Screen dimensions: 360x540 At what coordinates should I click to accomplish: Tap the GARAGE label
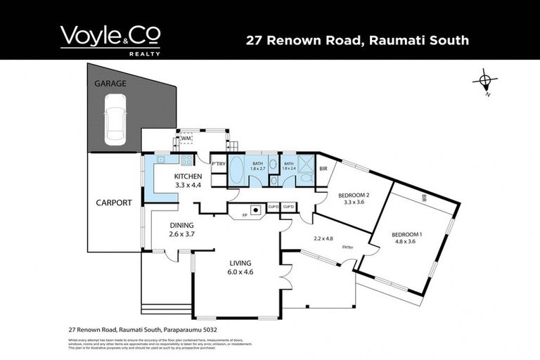point(110,84)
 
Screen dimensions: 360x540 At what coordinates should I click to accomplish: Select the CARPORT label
point(114,202)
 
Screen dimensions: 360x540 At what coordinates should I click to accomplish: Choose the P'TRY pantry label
point(217,165)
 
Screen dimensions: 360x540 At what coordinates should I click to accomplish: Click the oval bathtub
point(237,172)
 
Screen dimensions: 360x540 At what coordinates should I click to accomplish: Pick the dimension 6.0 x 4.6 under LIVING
point(240,271)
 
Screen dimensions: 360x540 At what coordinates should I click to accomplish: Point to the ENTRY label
point(347,247)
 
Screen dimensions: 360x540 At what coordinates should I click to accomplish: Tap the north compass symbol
point(484,81)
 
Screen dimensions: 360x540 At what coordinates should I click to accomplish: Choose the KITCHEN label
point(189,176)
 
